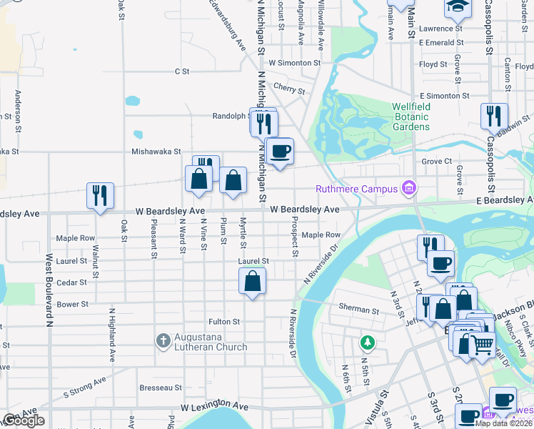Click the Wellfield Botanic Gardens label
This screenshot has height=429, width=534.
click(411, 117)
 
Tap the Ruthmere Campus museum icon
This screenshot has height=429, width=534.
click(409, 189)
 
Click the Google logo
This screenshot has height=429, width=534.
click(23, 420)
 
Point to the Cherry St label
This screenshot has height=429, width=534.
click(289, 91)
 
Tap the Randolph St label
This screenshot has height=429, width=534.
click(230, 116)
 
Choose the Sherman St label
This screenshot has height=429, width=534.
click(358, 310)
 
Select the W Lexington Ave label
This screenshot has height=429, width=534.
click(214, 407)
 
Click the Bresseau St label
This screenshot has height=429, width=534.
click(161, 388)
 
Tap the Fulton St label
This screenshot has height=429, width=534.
click(223, 322)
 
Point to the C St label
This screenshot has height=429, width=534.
click(182, 71)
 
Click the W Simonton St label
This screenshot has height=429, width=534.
click(295, 63)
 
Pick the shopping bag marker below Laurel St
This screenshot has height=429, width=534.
click(253, 280)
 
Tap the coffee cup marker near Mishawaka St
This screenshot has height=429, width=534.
click(279, 151)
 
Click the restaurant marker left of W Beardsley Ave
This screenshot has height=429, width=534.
click(100, 195)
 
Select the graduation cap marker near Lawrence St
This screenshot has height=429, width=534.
click(457, 7)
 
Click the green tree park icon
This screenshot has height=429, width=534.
click(368, 342)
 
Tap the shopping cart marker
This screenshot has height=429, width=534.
click(483, 345)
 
